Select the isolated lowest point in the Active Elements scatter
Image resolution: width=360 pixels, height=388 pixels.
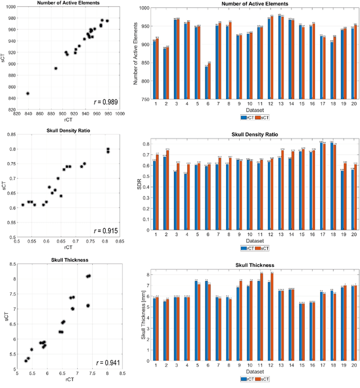click(x=28, y=93)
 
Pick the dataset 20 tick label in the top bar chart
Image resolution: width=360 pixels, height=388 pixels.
click(x=354, y=105)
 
